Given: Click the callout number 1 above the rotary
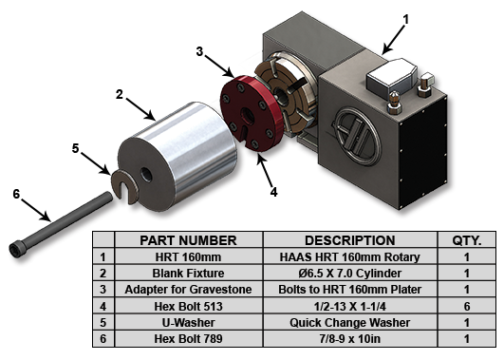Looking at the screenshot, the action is (x=406, y=20).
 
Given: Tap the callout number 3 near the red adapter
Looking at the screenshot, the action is (x=200, y=51).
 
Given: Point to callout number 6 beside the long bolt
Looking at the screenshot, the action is (x=16, y=195).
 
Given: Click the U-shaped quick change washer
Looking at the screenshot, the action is (x=125, y=186).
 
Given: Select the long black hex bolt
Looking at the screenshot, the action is (x=61, y=224).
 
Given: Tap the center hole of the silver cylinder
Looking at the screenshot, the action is (x=146, y=175).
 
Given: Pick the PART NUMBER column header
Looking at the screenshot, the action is (x=188, y=240).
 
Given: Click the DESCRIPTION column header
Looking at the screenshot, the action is (x=349, y=240).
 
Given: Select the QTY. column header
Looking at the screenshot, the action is (x=467, y=240).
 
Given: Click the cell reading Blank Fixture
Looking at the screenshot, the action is (x=188, y=274).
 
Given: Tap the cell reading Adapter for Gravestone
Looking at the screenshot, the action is (x=188, y=289).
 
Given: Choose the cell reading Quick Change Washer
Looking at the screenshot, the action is (x=349, y=322).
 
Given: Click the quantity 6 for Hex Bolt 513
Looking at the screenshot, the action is (x=467, y=306).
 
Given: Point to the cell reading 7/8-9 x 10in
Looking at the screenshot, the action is (x=349, y=338).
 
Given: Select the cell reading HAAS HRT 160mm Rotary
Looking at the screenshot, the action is (x=349, y=257).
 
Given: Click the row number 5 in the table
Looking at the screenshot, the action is (x=103, y=322).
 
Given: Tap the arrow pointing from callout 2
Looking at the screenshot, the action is (x=140, y=108).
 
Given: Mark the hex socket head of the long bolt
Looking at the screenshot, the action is (x=16, y=249).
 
